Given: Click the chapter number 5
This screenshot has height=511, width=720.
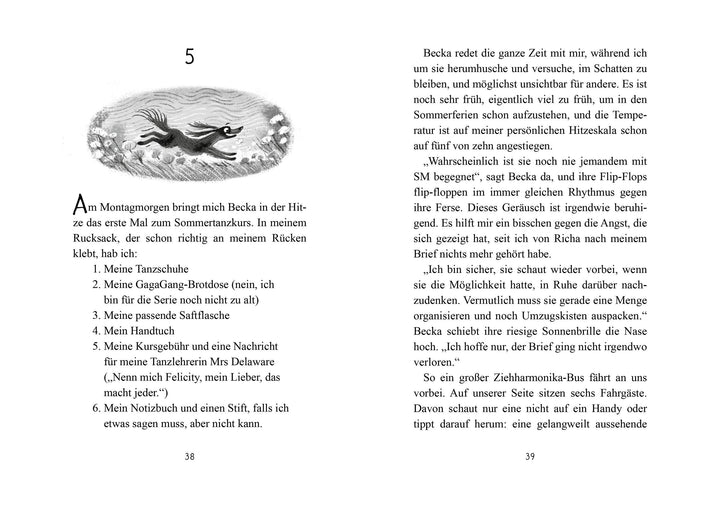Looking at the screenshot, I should (189, 58).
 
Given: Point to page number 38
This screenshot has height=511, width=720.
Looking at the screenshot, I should (190, 455).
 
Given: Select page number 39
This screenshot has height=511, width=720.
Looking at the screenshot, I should (529, 455).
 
